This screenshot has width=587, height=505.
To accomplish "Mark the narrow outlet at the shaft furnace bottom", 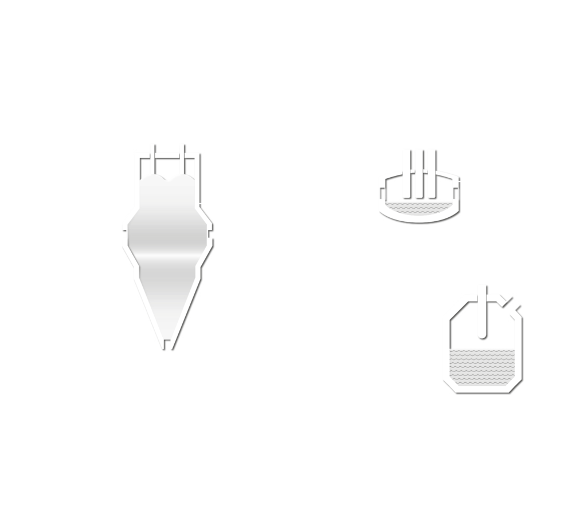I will (167, 345).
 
